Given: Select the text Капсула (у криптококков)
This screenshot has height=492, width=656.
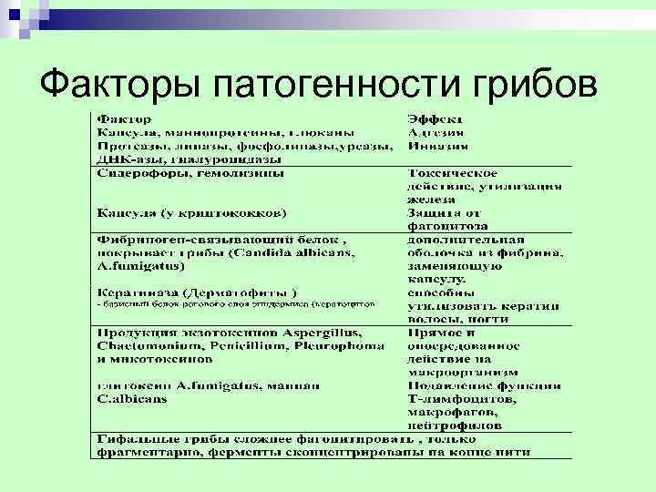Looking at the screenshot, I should [191, 212].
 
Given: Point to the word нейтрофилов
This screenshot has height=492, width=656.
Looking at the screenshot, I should [456, 425].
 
